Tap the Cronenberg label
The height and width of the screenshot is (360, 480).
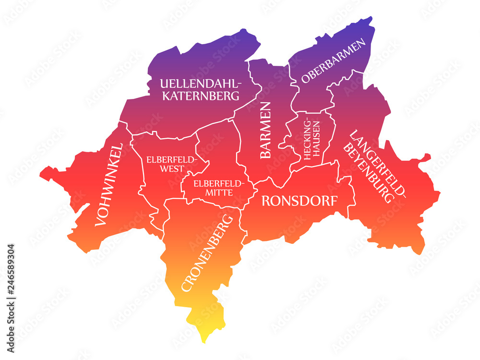pyautogui.click(x=207, y=253)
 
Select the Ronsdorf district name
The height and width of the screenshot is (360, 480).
pyautogui.click(x=299, y=201)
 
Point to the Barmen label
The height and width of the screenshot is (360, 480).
pyautogui.click(x=265, y=130)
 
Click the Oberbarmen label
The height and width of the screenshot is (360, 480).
pyautogui.click(x=334, y=61)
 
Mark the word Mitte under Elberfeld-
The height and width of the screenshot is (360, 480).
pyautogui.click(x=219, y=192)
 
